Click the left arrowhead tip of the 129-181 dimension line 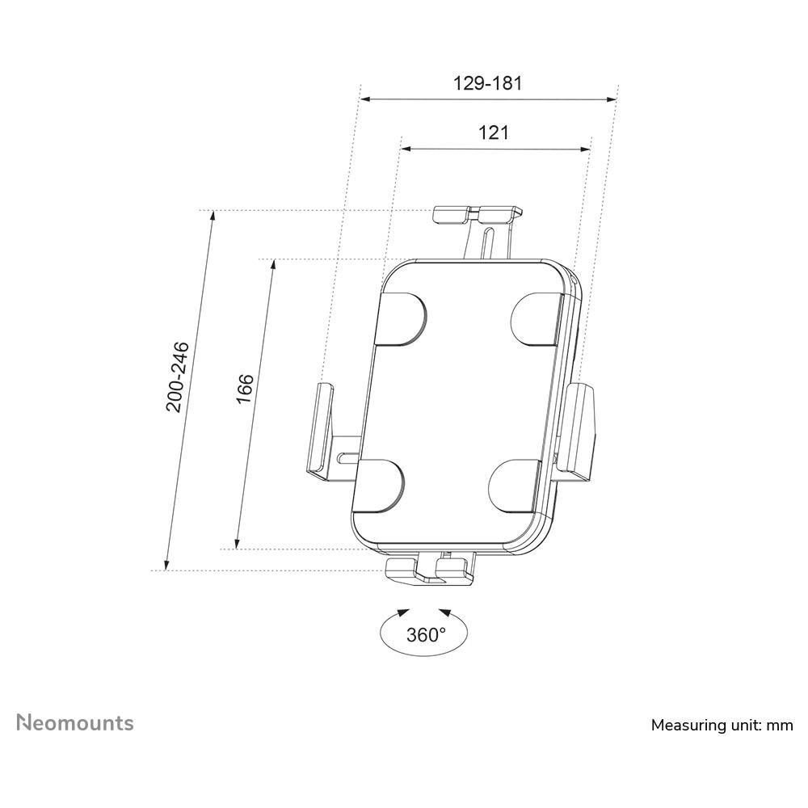click(x=360, y=99)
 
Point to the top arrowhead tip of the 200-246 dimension click(x=213, y=211)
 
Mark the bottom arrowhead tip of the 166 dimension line click(x=237, y=549)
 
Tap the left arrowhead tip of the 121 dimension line click(x=402, y=149)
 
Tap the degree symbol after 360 click(x=442, y=629)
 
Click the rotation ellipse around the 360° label click(x=424, y=633)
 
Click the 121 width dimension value click(x=494, y=133)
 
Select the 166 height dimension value click(x=246, y=389)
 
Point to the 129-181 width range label click(x=487, y=83)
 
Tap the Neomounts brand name click(x=75, y=722)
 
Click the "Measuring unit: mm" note click(x=722, y=725)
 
